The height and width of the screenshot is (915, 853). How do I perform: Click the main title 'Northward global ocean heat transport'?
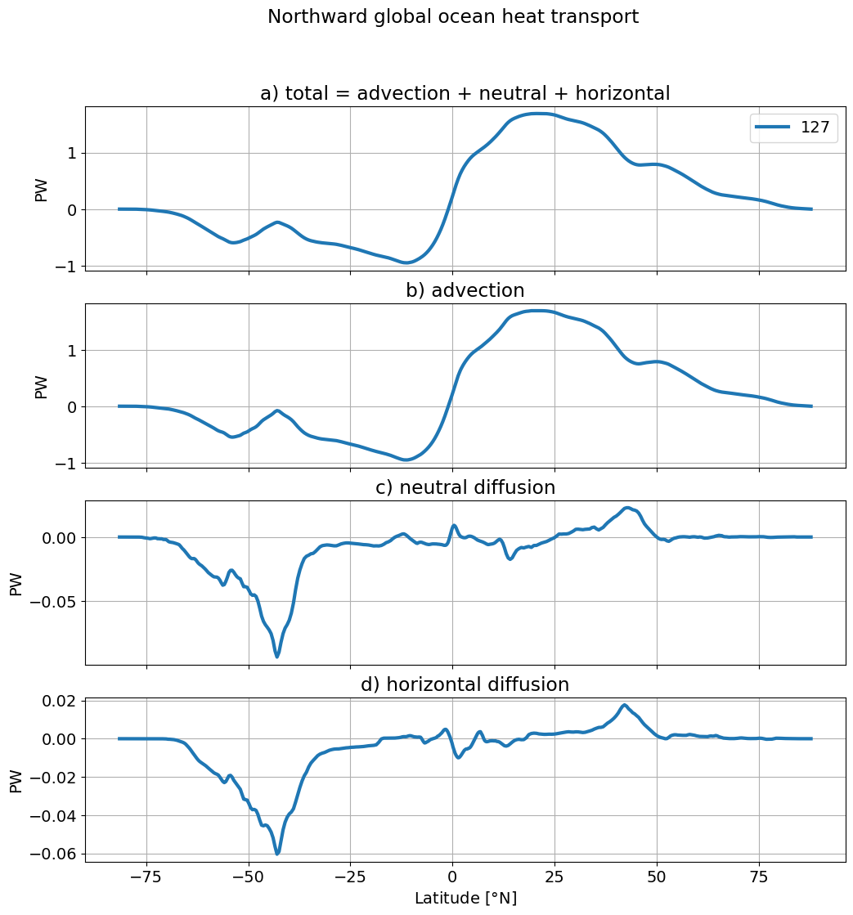click(x=453, y=16)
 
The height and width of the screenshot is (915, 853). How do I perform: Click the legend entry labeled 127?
click(x=793, y=128)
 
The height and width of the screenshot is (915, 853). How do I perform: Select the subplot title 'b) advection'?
click(x=465, y=290)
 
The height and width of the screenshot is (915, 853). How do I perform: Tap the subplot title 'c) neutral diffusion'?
click(x=465, y=487)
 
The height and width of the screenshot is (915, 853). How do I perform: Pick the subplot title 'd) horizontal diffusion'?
click(x=465, y=684)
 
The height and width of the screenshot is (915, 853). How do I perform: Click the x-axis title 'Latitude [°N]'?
click(x=465, y=898)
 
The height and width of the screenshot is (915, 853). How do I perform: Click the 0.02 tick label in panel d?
click(x=60, y=701)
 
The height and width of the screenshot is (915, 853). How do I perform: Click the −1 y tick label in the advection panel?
click(x=68, y=464)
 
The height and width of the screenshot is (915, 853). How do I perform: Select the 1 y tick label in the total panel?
click(x=72, y=154)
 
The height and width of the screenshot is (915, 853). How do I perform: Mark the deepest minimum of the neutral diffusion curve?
click(x=277, y=657)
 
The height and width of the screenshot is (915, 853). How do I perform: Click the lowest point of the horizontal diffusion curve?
click(x=277, y=854)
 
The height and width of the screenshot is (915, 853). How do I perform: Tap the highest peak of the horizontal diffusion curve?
click(x=624, y=705)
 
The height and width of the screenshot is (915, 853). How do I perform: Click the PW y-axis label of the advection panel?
click(x=41, y=388)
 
